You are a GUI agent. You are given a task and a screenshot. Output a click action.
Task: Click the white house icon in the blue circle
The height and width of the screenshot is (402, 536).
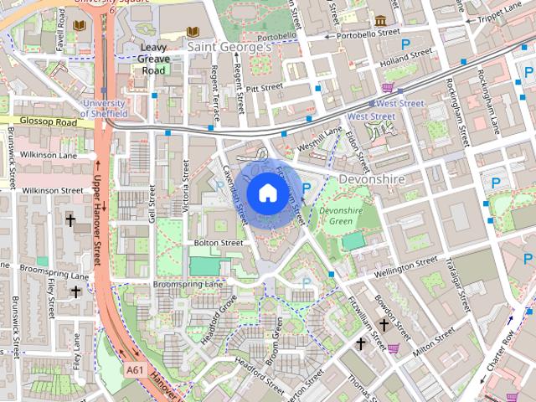[266, 193]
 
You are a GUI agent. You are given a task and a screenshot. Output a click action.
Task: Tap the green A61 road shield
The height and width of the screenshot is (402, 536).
[134, 369]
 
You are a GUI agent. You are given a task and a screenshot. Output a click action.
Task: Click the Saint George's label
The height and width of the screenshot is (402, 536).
[229, 48]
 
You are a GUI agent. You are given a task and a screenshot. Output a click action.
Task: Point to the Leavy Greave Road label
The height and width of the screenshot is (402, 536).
[154, 59]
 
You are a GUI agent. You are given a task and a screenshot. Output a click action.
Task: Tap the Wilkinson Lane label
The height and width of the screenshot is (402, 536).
[48, 156]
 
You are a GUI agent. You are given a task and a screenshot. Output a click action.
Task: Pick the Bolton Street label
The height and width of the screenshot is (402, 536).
[218, 243]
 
